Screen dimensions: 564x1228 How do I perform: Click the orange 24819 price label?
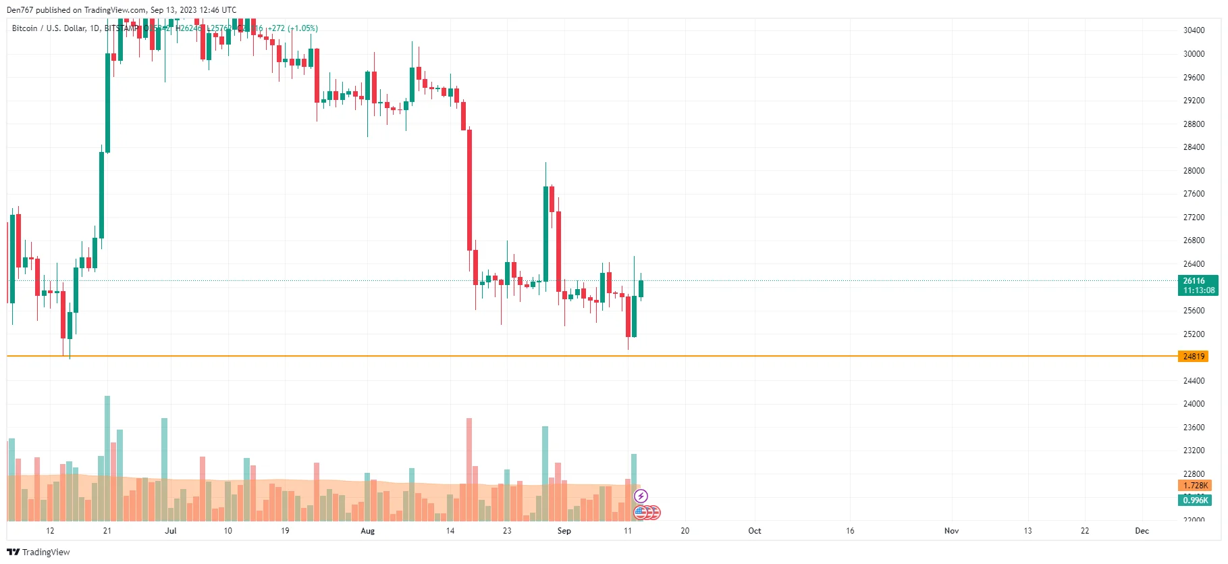click(x=1194, y=356)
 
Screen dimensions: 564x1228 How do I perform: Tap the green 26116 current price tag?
click(x=1198, y=285)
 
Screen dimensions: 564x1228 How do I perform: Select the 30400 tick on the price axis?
click(x=1194, y=30)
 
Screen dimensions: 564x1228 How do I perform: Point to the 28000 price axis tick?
click(x=1194, y=171)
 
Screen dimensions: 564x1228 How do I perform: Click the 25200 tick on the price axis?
click(x=1194, y=334)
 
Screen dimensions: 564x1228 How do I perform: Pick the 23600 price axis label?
click(x=1194, y=428)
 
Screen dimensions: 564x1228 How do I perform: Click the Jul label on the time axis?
click(x=171, y=531)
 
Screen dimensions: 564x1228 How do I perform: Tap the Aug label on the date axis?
click(x=367, y=531)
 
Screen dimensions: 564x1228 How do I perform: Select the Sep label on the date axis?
click(x=564, y=531)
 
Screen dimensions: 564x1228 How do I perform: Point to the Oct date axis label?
click(x=754, y=531)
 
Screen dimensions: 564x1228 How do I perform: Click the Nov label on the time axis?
click(x=951, y=531)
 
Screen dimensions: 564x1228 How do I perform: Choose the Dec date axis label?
click(x=1142, y=531)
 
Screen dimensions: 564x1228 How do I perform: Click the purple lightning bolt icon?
click(x=641, y=496)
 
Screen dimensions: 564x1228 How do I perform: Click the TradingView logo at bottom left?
click(x=38, y=552)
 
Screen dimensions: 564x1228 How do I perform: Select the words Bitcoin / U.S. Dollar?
click(x=49, y=28)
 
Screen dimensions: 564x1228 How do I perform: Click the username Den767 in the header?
click(x=20, y=10)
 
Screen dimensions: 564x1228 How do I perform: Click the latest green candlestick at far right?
click(x=641, y=288)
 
